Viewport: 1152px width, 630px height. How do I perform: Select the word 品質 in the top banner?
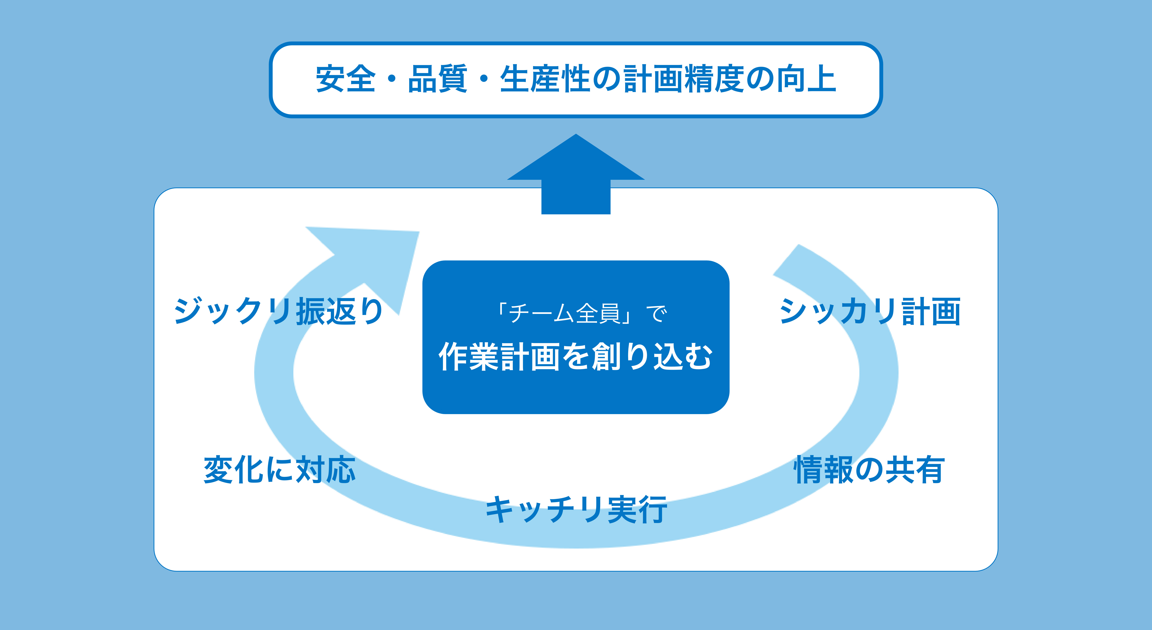click(437, 79)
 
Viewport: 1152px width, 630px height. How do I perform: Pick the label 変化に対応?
click(280, 470)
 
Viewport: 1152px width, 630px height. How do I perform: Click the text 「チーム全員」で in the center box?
click(581, 313)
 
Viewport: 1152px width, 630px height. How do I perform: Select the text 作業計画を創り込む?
click(576, 357)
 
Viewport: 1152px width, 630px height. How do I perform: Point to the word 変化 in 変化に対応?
click(233, 470)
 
